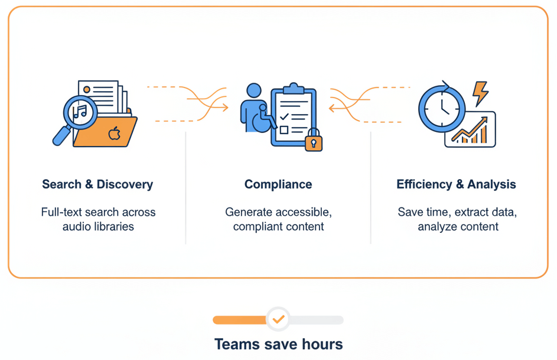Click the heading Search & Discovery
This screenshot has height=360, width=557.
[97, 184]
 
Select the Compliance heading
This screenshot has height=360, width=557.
[278, 184]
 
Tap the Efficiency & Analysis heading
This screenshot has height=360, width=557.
[456, 184]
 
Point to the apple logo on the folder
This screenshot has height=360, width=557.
[115, 134]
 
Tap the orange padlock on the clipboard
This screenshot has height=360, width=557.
[314, 142]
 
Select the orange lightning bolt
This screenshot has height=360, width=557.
[481, 93]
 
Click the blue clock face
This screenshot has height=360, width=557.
[442, 109]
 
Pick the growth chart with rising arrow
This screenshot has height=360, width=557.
[471, 131]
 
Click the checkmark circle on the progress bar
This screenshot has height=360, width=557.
[278, 320]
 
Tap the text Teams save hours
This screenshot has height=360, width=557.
[278, 344]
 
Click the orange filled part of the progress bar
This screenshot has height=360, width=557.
[239, 320]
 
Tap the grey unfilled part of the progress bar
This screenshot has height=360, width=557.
[317, 320]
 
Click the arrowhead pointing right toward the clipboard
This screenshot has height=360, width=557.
[225, 108]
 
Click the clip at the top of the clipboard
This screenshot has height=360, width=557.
[294, 89]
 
